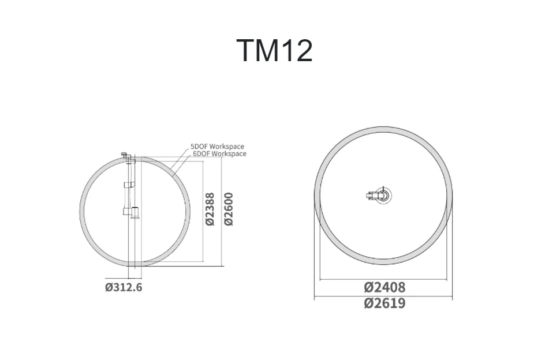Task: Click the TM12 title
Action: (274, 50)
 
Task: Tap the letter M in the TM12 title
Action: (264, 50)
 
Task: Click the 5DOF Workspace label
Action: (217, 147)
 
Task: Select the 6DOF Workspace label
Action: (219, 154)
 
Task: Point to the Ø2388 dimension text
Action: (210, 209)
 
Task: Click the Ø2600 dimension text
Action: (229, 209)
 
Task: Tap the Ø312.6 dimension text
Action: (124, 287)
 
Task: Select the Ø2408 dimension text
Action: (385, 287)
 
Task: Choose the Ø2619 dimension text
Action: (385, 303)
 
